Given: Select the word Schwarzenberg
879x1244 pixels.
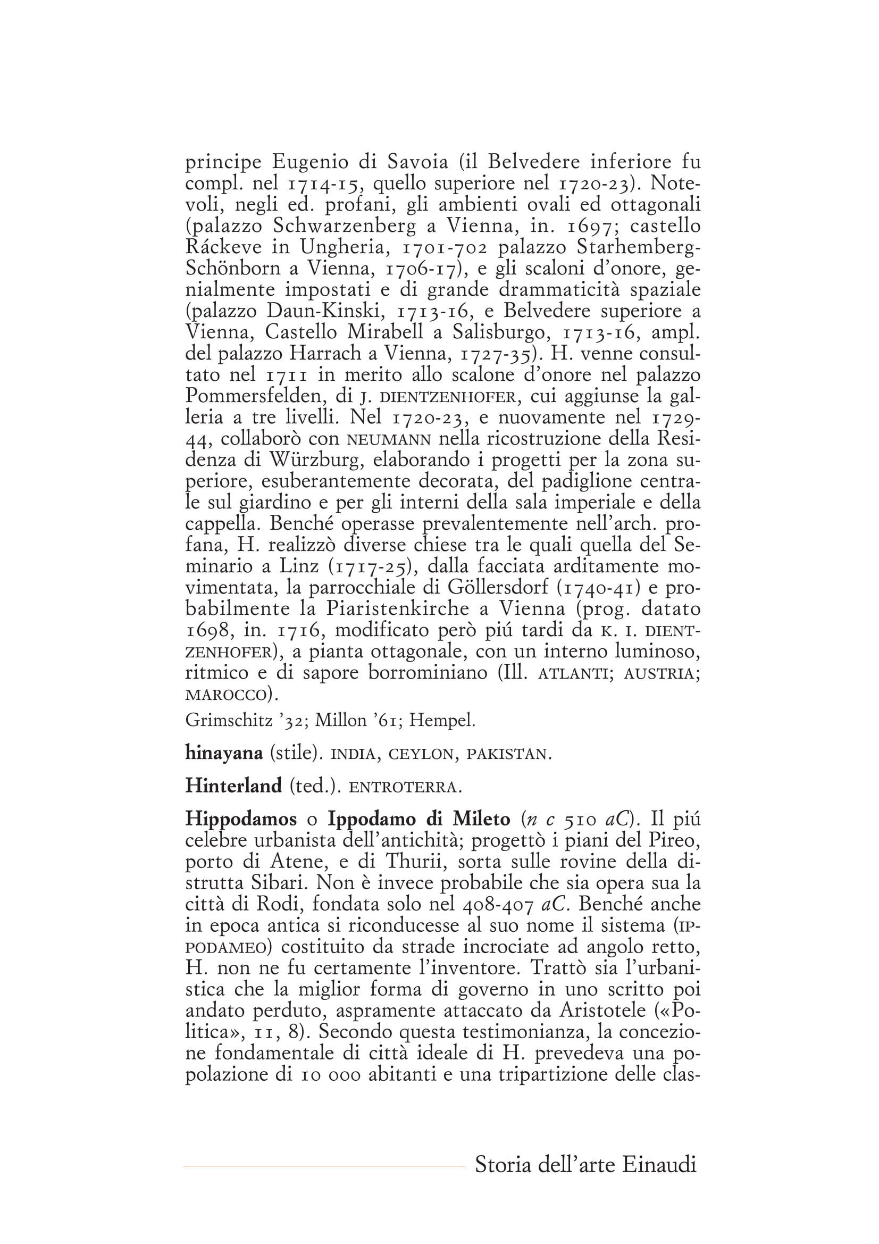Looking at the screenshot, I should (345, 226).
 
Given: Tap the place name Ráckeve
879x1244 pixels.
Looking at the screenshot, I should (223, 247).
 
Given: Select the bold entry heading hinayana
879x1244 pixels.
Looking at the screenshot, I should (224, 753).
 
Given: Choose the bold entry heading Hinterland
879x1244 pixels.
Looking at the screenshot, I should (233, 786).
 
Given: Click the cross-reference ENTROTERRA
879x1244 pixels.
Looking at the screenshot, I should (403, 787).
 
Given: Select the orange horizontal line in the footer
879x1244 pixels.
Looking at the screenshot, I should (324, 1165).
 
